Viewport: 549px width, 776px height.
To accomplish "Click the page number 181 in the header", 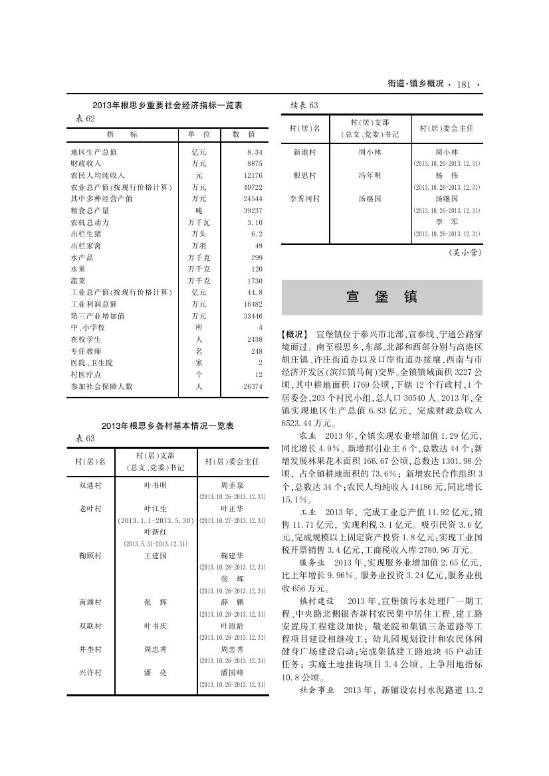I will tap(464, 84).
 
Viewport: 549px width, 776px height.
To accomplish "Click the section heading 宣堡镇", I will tap(382, 297).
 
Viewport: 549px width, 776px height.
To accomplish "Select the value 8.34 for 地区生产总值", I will tap(255, 152).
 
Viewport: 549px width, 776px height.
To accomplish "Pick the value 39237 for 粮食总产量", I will tap(253, 210).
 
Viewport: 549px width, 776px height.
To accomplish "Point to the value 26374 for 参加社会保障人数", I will tap(253, 386).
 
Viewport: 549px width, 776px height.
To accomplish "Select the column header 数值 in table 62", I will tap(243, 134).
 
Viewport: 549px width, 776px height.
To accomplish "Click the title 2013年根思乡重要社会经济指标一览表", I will tap(167, 106).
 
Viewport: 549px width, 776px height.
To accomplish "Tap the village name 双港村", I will tap(90, 486).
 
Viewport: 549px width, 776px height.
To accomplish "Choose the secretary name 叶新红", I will tap(156, 532).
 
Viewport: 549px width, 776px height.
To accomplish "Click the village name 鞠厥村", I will tap(90, 556).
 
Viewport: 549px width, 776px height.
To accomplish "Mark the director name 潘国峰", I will tap(233, 672).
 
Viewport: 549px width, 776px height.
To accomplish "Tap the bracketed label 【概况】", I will tap(296, 334).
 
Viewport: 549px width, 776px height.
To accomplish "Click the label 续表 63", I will tap(305, 106).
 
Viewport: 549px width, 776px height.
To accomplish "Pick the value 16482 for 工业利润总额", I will tap(253, 304).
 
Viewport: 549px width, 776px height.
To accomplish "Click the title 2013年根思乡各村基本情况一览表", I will tap(167, 426).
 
